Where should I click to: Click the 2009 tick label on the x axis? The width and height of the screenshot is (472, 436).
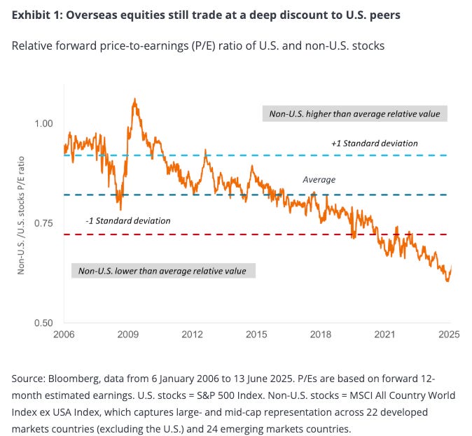point(127,334)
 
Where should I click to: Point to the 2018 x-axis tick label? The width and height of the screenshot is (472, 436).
point(320,334)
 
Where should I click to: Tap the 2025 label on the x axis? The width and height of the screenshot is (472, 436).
point(448,334)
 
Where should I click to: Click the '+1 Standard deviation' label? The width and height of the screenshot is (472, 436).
point(375,143)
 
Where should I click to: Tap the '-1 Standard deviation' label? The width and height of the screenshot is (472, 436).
point(128,221)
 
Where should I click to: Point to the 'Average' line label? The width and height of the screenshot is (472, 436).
point(319,180)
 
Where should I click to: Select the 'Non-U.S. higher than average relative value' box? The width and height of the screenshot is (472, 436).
point(354,113)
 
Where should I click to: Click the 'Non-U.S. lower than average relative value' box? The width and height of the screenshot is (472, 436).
point(163,271)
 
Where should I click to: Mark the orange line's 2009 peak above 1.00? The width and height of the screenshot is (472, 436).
point(134,100)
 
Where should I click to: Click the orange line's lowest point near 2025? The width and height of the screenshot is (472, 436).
point(447,281)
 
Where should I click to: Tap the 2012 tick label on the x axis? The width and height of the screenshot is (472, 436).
point(192,334)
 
